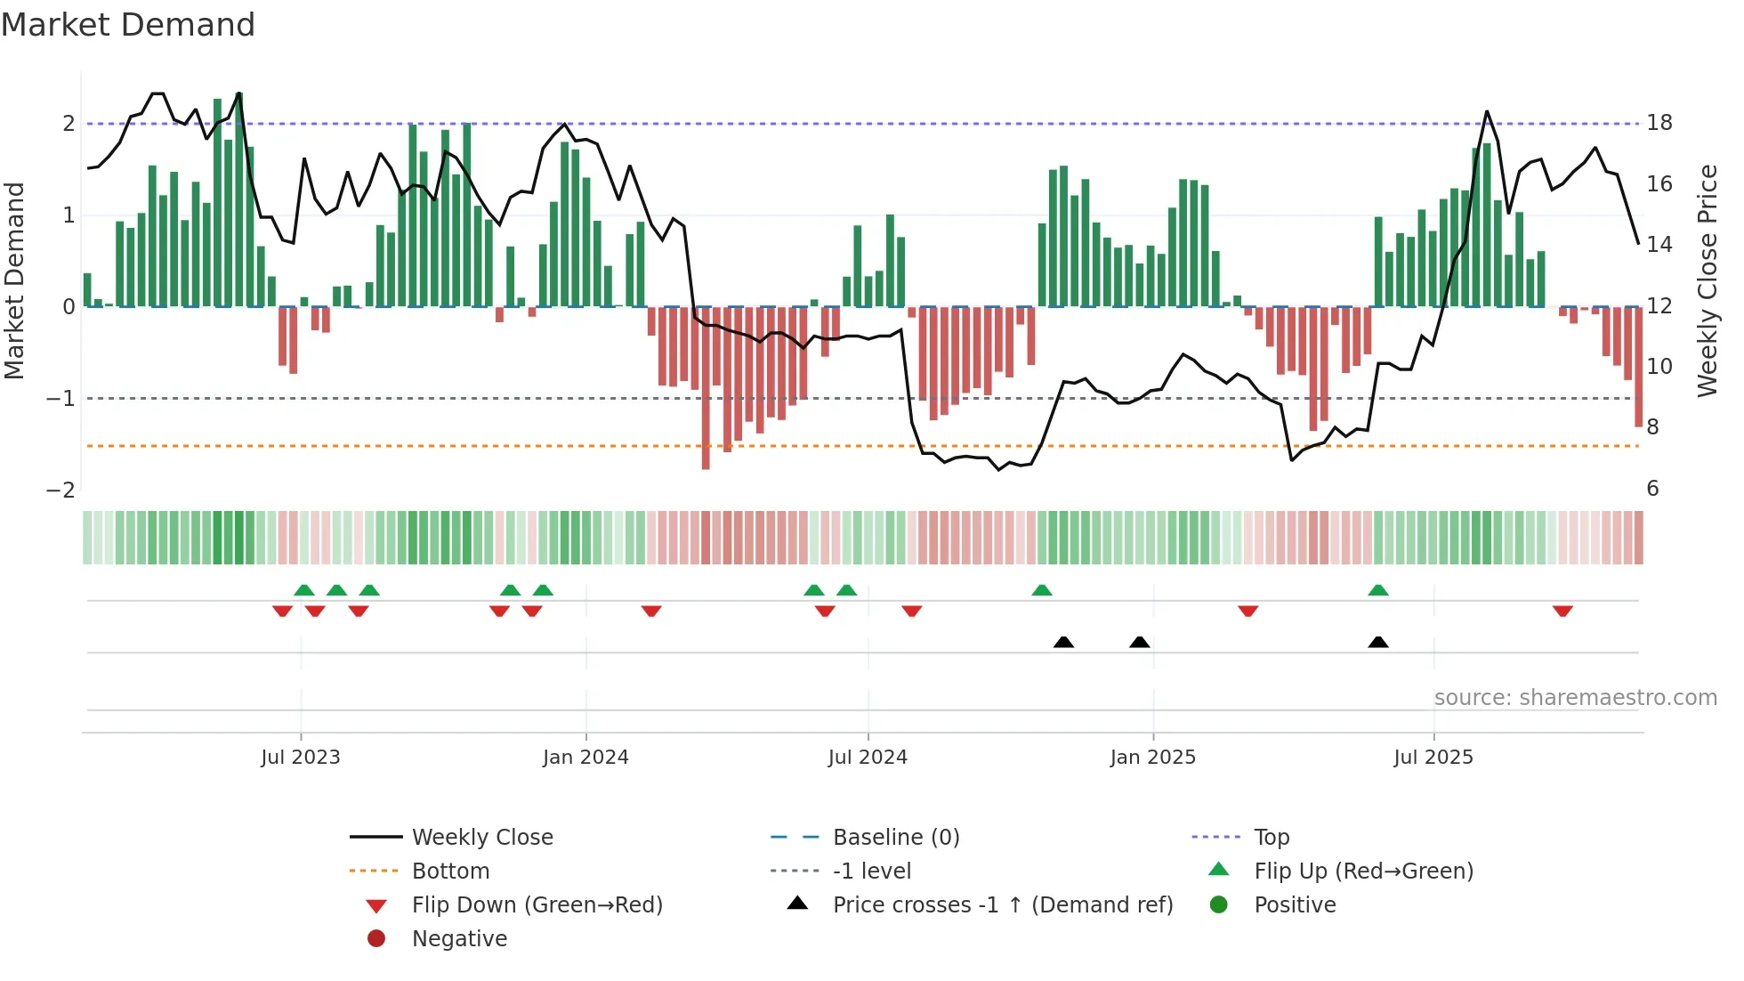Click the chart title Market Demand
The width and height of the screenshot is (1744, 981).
tap(128, 25)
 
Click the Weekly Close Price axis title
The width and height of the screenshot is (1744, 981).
tap(1707, 280)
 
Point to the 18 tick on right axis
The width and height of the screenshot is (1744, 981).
tap(1659, 123)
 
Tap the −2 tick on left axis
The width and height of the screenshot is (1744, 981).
tap(61, 490)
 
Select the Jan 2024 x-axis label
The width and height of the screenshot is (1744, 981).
tap(585, 758)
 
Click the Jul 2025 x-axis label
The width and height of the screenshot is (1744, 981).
tap(1433, 758)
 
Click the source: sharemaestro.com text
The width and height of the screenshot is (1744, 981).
tap(1575, 698)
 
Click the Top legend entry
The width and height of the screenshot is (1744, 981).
tap(1271, 838)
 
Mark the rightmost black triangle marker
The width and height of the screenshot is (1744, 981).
tap(1378, 642)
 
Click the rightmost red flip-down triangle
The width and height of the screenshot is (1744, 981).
tap(1562, 611)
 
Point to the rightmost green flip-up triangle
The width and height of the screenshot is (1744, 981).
tap(1378, 590)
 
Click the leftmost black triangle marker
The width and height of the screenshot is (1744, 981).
tap(1063, 642)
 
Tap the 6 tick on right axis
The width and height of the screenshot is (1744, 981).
tap(1652, 489)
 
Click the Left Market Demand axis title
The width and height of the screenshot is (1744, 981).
tap(15, 280)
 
